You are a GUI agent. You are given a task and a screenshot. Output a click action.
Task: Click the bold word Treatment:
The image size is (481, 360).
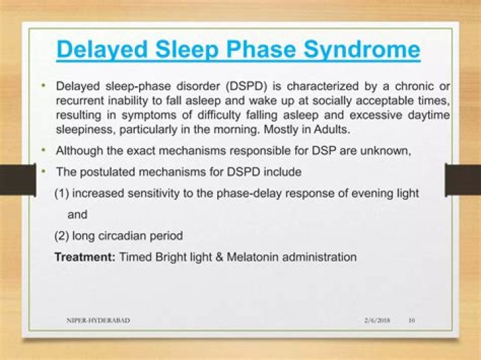(x=85, y=256)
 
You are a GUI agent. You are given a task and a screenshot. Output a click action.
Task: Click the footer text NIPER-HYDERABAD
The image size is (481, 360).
(x=98, y=321)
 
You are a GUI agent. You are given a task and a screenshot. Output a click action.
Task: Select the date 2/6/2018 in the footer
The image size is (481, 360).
(x=377, y=321)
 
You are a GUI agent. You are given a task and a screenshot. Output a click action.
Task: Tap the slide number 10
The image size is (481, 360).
(x=412, y=321)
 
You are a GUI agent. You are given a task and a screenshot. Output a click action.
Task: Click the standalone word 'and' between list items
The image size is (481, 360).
(x=77, y=214)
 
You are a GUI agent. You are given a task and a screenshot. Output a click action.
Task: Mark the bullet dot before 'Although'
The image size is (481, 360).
(x=43, y=150)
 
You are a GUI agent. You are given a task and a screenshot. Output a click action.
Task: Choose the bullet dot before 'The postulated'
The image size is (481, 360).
(x=43, y=172)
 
